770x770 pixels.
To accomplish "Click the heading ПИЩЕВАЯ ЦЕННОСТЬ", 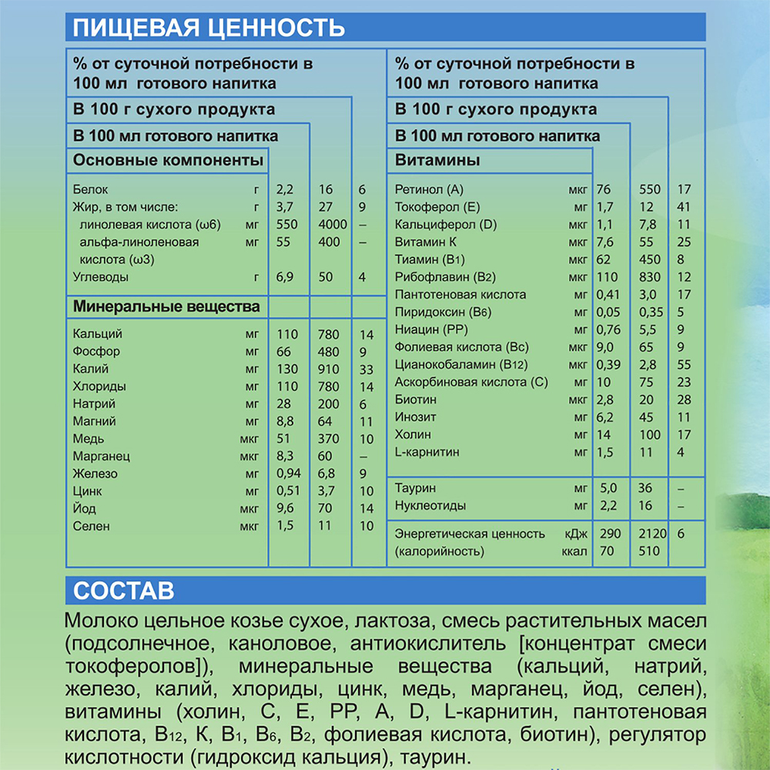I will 208,29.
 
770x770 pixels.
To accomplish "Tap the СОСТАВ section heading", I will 123,591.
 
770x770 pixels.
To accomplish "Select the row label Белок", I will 91,189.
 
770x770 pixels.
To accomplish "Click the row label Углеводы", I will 101,276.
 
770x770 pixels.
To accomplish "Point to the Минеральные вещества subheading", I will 166,307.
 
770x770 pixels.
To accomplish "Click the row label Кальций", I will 98,334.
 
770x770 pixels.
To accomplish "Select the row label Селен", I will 92,526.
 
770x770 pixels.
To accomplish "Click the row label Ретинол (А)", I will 430,189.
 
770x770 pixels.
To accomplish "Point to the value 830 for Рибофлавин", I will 650,277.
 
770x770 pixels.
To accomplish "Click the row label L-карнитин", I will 427,452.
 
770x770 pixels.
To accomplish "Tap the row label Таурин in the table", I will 416,488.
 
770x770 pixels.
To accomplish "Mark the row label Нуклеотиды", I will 430,506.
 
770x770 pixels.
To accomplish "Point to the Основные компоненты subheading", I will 168,161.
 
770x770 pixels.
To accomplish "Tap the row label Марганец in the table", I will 101,457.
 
